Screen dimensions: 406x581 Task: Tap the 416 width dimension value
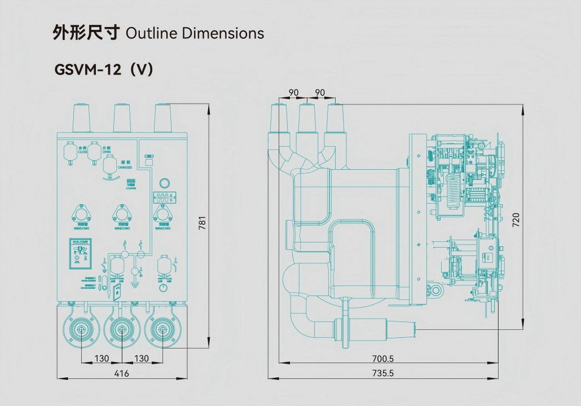[121, 373]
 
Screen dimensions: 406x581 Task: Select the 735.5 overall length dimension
[383, 373]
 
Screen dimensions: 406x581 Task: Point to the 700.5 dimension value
[383, 359]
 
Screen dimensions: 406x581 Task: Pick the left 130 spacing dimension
[102, 359]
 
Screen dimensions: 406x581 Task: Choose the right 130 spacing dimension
[142, 359]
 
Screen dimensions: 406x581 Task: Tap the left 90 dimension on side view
[293, 92]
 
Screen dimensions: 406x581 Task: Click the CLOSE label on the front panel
[82, 152]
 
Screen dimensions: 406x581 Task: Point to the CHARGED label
[125, 167]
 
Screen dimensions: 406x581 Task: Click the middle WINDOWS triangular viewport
[122, 215]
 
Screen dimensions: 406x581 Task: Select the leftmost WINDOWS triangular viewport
[82, 215]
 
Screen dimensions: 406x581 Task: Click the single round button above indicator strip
[165, 183]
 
